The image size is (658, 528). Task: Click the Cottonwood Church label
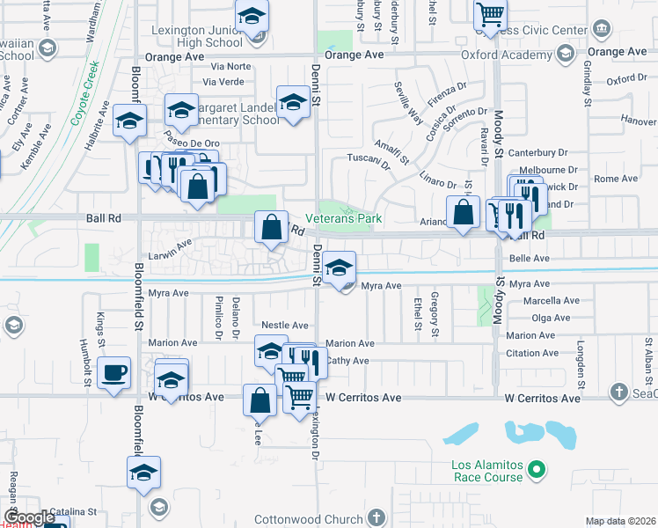pyautogui.click(x=313, y=519)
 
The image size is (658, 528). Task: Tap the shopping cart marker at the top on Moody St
pyautogui.click(x=490, y=14)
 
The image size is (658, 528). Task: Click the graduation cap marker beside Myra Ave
pyautogui.click(x=339, y=268)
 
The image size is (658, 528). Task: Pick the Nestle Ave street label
pyautogui.click(x=284, y=325)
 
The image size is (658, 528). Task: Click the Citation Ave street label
pyautogui.click(x=531, y=353)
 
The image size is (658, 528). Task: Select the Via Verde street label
pyautogui.click(x=223, y=82)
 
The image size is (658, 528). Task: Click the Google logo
pyautogui.click(x=30, y=517)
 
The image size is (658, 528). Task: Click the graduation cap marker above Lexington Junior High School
pyautogui.click(x=252, y=17)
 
